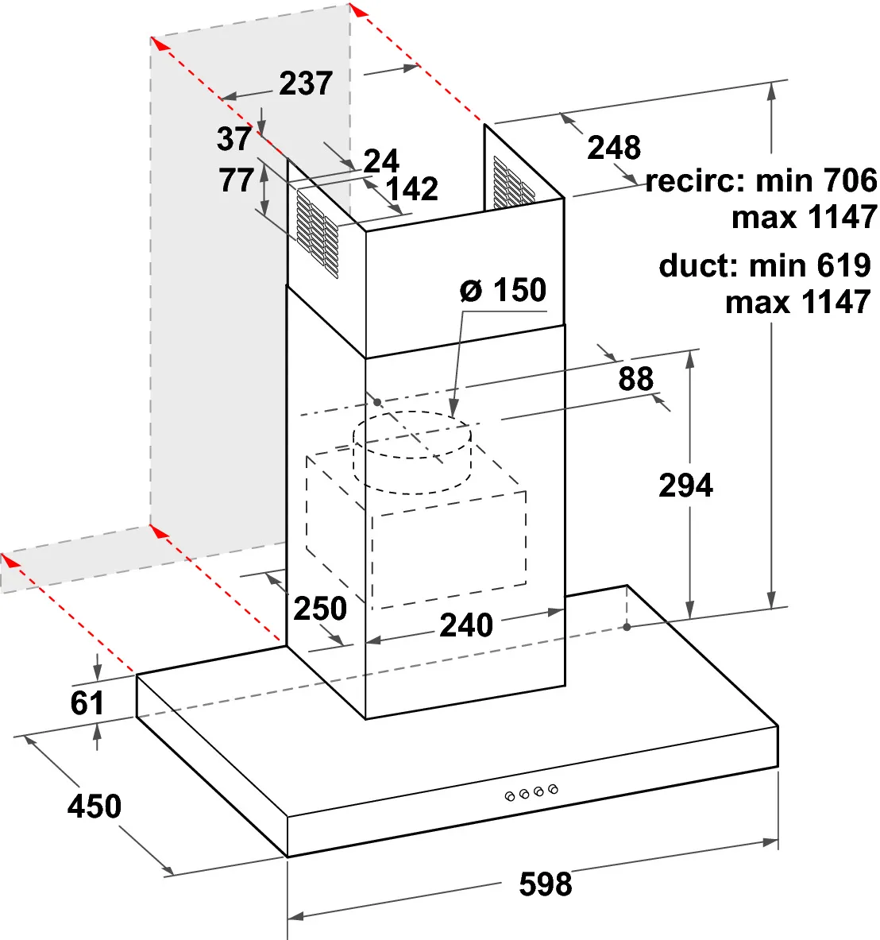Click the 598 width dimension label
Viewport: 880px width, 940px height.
pyautogui.click(x=545, y=884)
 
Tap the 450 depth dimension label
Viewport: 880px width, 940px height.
pyautogui.click(x=94, y=807)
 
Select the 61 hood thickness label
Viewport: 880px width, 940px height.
pyautogui.click(x=87, y=702)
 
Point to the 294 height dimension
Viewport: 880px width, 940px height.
pyautogui.click(x=686, y=485)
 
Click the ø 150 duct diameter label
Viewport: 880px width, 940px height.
pyautogui.click(x=504, y=290)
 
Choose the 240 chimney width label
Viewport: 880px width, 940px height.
pyautogui.click(x=466, y=625)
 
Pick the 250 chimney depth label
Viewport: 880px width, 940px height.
pyautogui.click(x=320, y=609)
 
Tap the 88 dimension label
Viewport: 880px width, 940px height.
pyautogui.click(x=635, y=379)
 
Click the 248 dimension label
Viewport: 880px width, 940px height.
pyautogui.click(x=614, y=148)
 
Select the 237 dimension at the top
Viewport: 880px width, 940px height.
pyautogui.click(x=306, y=83)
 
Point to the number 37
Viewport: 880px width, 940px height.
pyautogui.click(x=234, y=138)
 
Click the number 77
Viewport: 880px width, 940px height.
pyautogui.click(x=236, y=180)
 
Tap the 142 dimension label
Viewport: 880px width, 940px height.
pyautogui.click(x=411, y=189)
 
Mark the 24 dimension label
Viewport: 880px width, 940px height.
pyautogui.click(x=381, y=161)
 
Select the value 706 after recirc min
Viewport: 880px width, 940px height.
pyautogui.click(x=850, y=180)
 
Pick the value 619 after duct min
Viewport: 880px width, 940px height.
pyautogui.click(x=844, y=265)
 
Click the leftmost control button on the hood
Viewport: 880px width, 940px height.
pyautogui.click(x=510, y=797)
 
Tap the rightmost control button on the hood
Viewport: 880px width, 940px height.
pyautogui.click(x=553, y=789)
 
